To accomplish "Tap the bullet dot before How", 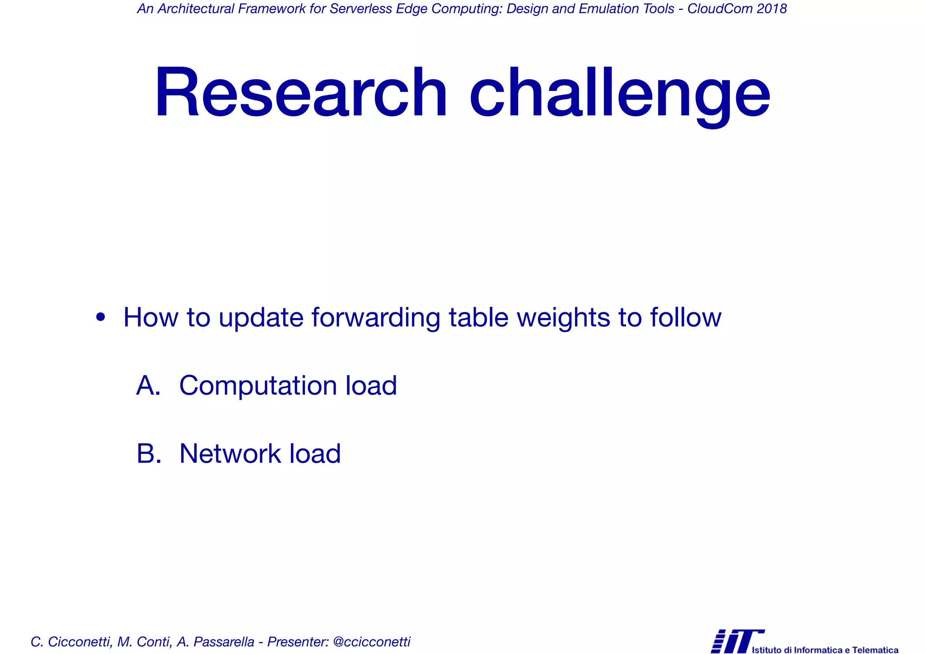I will click(101, 317).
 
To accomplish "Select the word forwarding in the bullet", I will click(375, 317).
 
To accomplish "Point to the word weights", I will click(563, 317).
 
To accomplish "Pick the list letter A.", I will click(148, 386).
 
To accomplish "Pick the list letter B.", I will click(148, 454).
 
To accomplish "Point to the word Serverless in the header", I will click(361, 9).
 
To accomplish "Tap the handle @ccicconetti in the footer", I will click(371, 642).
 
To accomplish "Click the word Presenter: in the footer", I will click(298, 642).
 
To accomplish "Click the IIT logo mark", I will click(737, 641).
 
